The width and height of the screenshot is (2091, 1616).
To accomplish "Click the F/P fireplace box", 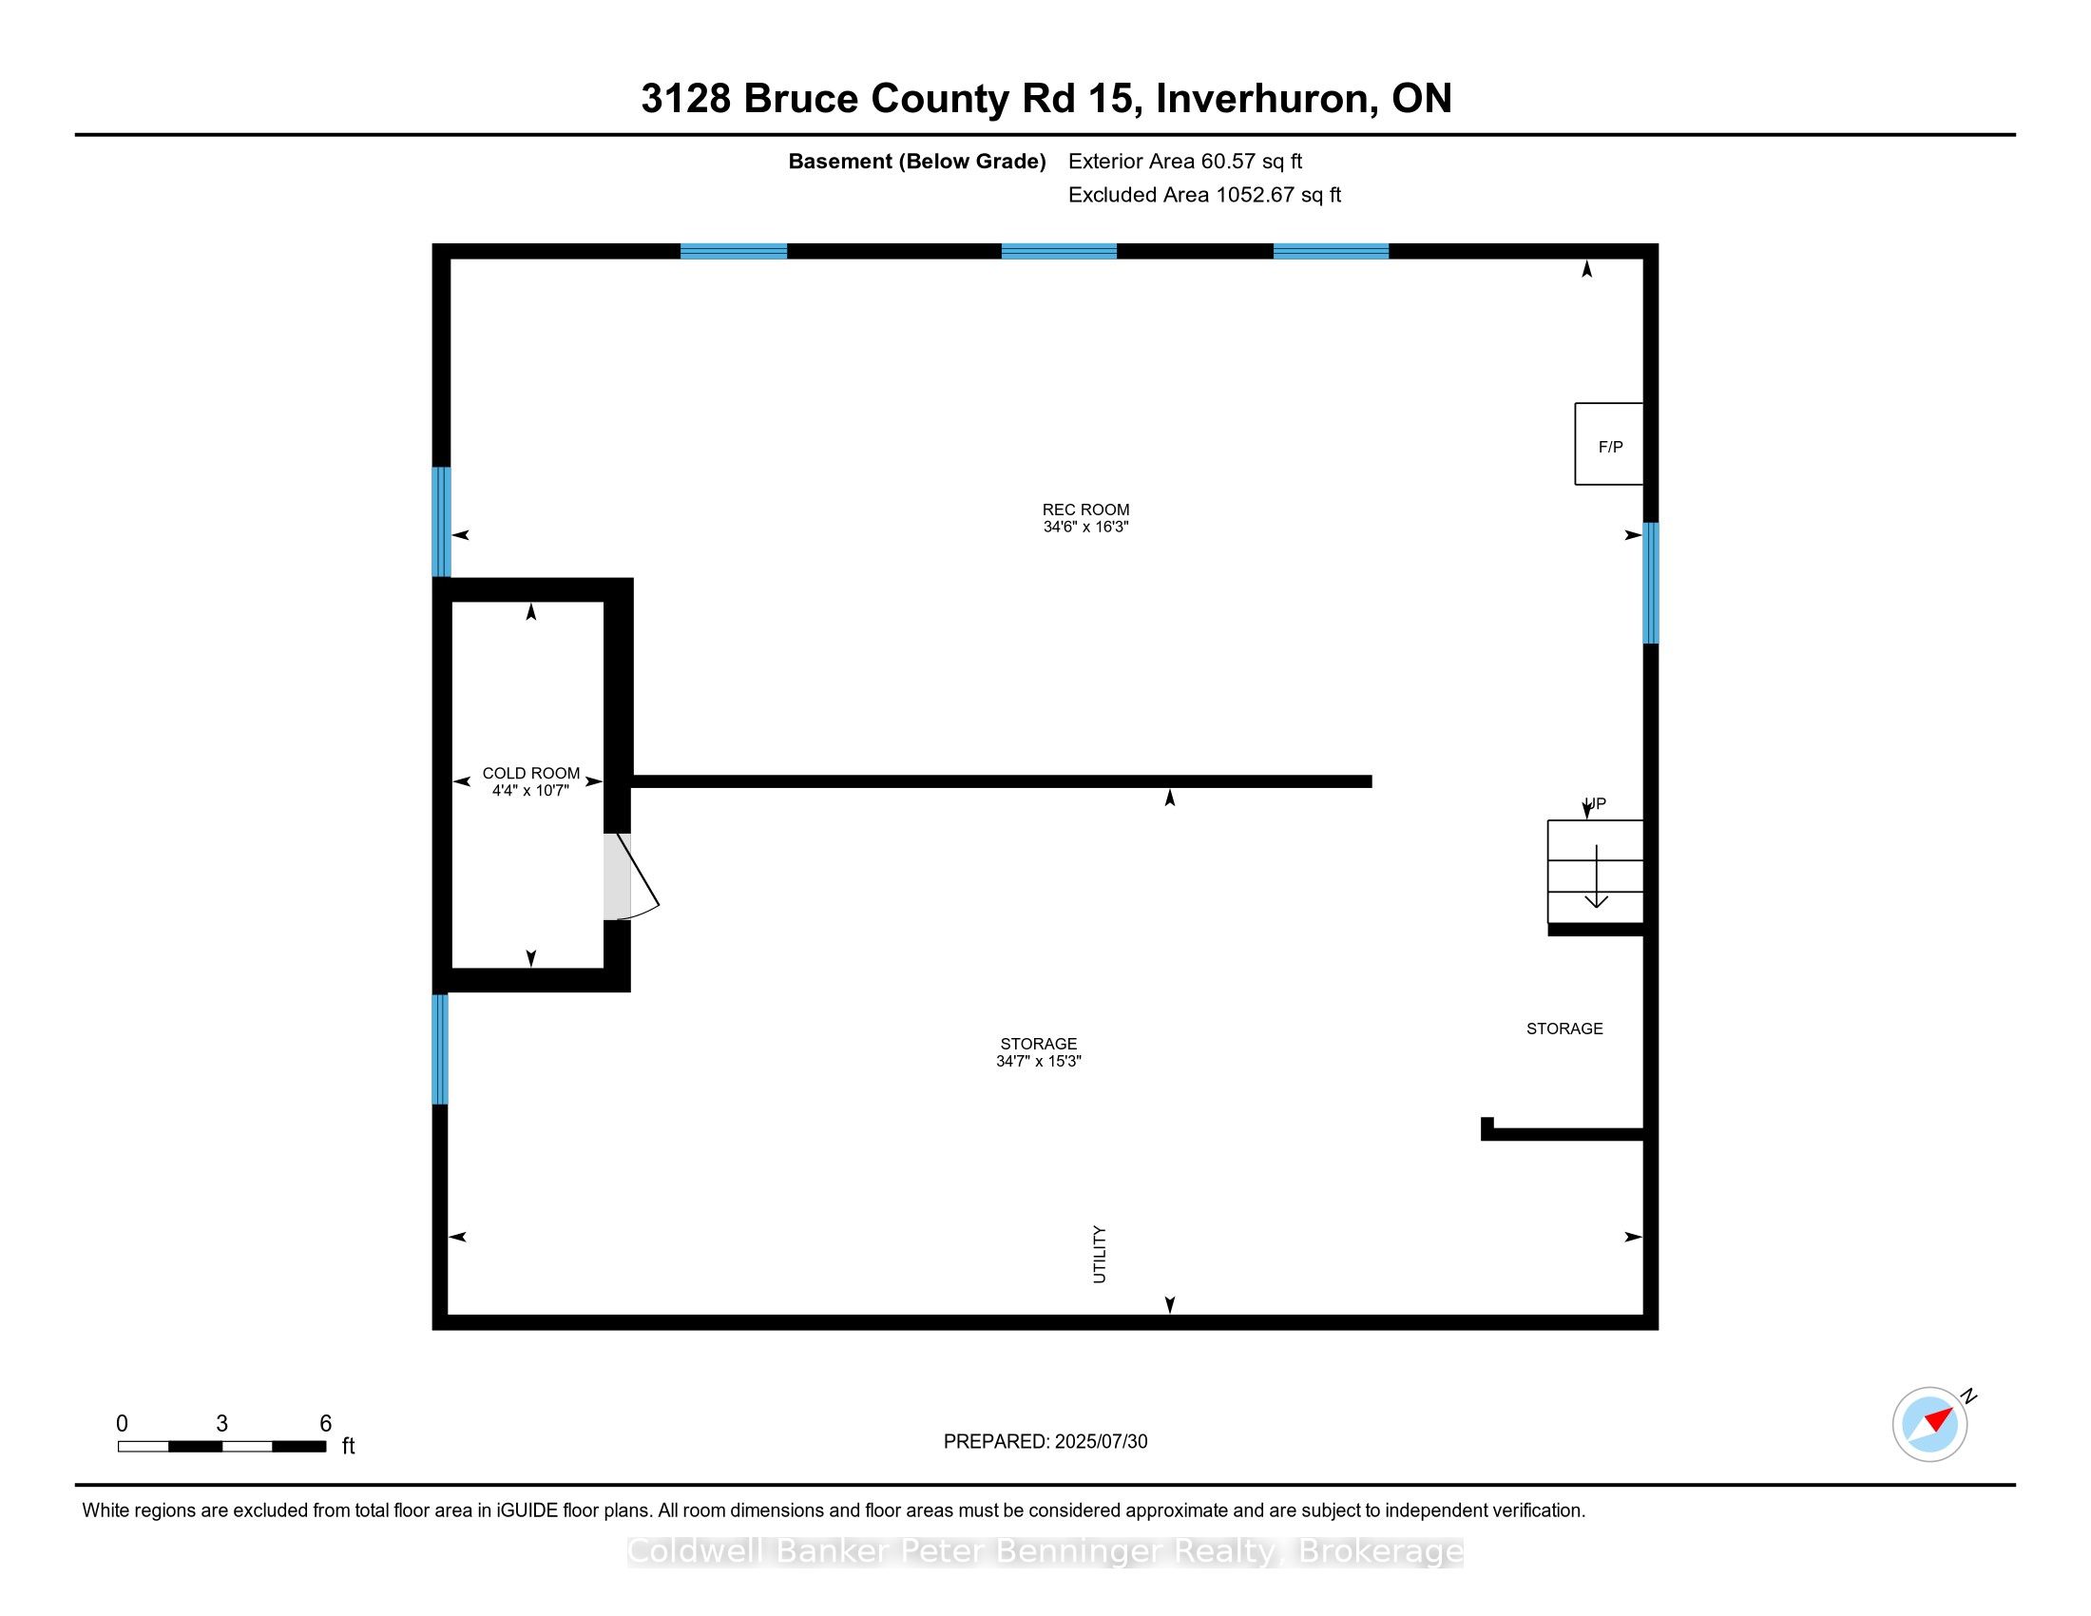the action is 1608,443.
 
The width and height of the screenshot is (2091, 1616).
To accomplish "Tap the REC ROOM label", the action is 1085,510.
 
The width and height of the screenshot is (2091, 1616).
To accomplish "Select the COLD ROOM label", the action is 530,773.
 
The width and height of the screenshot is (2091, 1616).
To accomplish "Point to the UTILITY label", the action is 1099,1254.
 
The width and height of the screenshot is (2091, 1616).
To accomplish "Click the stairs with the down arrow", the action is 1595,871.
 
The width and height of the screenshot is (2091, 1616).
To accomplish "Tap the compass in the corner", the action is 1930,1424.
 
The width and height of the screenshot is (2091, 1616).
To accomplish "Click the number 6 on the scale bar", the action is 325,1423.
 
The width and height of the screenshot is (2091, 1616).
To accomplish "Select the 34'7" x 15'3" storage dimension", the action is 1038,1061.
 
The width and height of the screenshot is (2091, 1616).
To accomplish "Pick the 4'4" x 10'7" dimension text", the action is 530,790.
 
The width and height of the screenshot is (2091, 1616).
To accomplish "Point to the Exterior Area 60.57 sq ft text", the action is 1185,161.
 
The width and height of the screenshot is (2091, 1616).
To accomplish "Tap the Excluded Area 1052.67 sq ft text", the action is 1204,194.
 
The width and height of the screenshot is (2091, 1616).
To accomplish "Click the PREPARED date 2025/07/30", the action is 1101,1441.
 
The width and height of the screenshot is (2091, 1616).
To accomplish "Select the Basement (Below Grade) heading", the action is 916,161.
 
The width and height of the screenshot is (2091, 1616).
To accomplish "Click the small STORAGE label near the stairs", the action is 1564,1029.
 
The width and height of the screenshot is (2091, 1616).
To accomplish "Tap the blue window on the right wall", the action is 1651,582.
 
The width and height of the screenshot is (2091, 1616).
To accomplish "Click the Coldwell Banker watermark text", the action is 1045,1550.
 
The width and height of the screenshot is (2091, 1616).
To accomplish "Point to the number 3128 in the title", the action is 685,99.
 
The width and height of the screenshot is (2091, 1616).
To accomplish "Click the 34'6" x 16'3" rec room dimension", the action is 1085,527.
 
